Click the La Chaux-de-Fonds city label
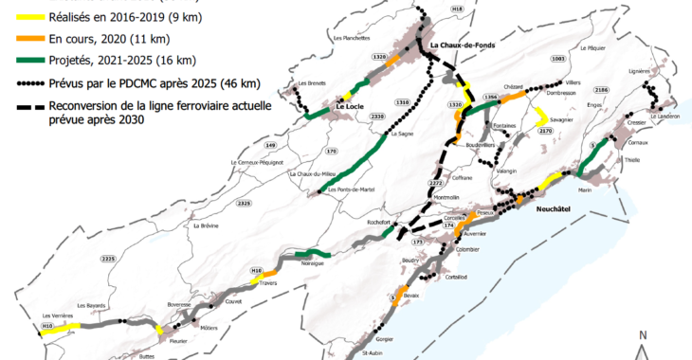pyautogui.click(x=464, y=45)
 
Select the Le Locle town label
pyautogui.click(x=351, y=107)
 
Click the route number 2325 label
pyautogui.click(x=244, y=203)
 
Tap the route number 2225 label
pyautogui.click(x=107, y=259)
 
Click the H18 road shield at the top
pyautogui.click(x=458, y=9)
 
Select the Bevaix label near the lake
pyautogui.click(x=410, y=297)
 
